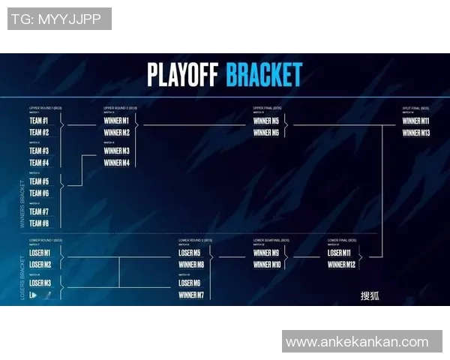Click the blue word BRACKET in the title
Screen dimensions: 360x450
[264, 75]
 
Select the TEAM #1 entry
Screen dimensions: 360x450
[39, 121]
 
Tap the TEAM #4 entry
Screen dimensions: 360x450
[39, 163]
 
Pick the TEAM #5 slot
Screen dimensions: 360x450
[39, 181]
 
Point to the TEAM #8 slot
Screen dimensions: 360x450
[39, 223]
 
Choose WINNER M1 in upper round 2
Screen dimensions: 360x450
[116, 121]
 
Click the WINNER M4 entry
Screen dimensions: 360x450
[116, 163]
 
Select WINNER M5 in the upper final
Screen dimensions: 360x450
[266, 121]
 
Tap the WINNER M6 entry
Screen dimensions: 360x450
[266, 133]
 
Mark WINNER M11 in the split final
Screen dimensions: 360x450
[416, 121]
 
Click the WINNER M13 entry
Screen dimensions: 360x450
[416, 133]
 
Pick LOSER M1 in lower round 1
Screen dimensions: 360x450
[40, 253]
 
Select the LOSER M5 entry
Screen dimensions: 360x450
[190, 253]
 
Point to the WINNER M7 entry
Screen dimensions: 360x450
[191, 295]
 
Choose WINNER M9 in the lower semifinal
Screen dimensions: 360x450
[266, 253]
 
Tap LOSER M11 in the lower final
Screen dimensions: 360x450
[340, 253]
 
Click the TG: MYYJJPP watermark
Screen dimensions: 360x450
[59, 19]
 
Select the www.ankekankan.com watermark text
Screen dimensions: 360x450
[357, 342]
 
